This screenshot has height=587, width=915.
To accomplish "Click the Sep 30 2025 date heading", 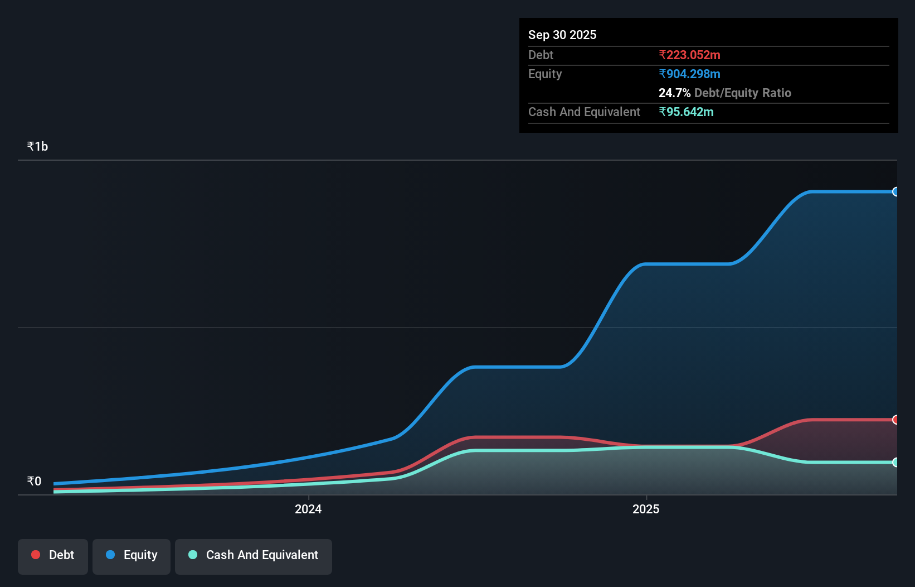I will tap(562, 35).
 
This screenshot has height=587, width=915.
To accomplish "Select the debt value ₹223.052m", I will tap(689, 55).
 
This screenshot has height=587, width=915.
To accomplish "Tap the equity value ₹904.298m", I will tap(689, 74).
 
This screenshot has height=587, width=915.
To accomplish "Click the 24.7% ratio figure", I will tap(674, 93).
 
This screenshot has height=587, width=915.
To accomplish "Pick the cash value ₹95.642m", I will tap(686, 112).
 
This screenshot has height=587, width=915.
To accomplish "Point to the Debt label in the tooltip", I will tap(541, 55).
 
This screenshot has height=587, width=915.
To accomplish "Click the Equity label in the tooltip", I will tap(545, 74).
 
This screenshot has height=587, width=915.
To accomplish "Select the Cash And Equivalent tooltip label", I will tap(584, 112).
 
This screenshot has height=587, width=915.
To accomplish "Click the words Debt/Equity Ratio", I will tap(742, 93).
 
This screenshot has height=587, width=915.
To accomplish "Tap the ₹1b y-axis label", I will tap(37, 146).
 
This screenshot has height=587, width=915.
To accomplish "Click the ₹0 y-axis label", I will tap(34, 481).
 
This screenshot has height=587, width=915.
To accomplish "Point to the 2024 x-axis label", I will tap(308, 509).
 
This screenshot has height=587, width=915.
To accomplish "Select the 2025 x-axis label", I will tap(646, 509).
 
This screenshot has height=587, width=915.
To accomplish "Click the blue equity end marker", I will tap(895, 192).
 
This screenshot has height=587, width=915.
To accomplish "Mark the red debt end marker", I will tap(895, 420).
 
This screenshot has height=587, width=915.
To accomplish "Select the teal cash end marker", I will tap(895, 462).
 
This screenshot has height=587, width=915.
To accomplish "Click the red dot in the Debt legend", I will tap(36, 555).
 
